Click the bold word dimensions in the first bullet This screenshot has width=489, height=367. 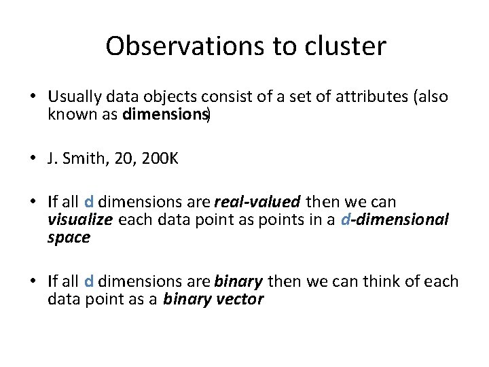(166, 113)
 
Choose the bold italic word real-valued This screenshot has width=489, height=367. (257, 202)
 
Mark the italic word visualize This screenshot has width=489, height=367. (80, 220)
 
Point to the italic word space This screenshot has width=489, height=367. (69, 237)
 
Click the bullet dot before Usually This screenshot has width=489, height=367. (34, 97)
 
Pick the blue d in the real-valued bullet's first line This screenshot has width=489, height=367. (89, 202)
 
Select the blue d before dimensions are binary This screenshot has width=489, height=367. (89, 281)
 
